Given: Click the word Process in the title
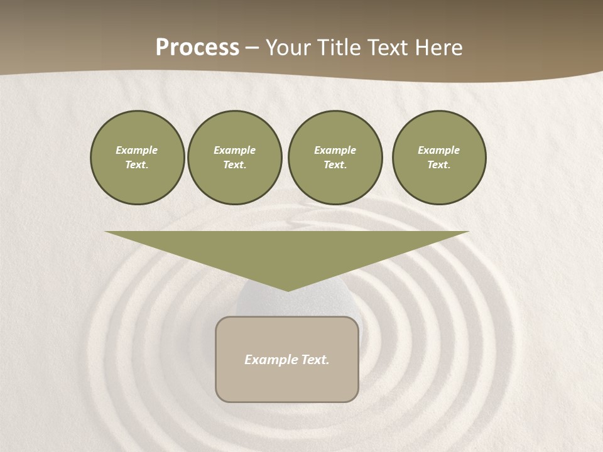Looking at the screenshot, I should pos(197,48).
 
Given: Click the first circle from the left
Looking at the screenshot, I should pos(137,158).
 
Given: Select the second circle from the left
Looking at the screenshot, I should pos(235,158).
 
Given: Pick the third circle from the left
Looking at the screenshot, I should pos(335,158).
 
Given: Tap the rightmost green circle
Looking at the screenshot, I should pos(439,158).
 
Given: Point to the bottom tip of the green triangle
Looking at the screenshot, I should pos(288,290).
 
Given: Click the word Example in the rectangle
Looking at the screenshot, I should pos(270,360).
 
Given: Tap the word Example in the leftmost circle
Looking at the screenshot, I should pos(137,150).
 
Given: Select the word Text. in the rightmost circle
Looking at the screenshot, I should pos(439,165).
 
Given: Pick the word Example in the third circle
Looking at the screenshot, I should pos(335,150).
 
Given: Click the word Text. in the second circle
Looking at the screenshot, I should pos(235,165).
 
